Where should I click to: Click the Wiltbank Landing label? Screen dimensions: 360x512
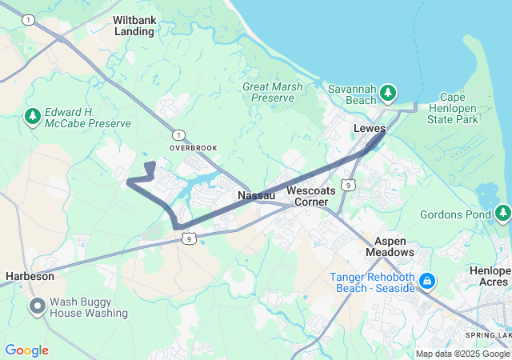click(x=134, y=25)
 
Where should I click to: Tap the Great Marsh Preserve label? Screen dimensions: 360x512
click(x=268, y=91)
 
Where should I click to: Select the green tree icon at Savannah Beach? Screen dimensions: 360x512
click(x=388, y=93)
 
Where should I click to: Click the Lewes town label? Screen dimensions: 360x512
click(x=370, y=128)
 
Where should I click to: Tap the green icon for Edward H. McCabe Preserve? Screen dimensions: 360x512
click(x=33, y=118)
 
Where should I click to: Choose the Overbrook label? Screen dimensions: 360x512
click(x=193, y=148)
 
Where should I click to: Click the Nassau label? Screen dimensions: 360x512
click(x=257, y=195)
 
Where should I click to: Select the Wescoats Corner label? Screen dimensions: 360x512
click(x=307, y=196)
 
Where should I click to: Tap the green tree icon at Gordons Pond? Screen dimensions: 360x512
click(x=502, y=213)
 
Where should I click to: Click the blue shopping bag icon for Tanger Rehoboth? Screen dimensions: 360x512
click(x=427, y=281)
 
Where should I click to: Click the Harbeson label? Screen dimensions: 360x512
click(x=30, y=276)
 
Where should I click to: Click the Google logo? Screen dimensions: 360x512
click(x=27, y=350)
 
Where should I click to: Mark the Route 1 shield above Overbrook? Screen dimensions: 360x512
click(x=178, y=134)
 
